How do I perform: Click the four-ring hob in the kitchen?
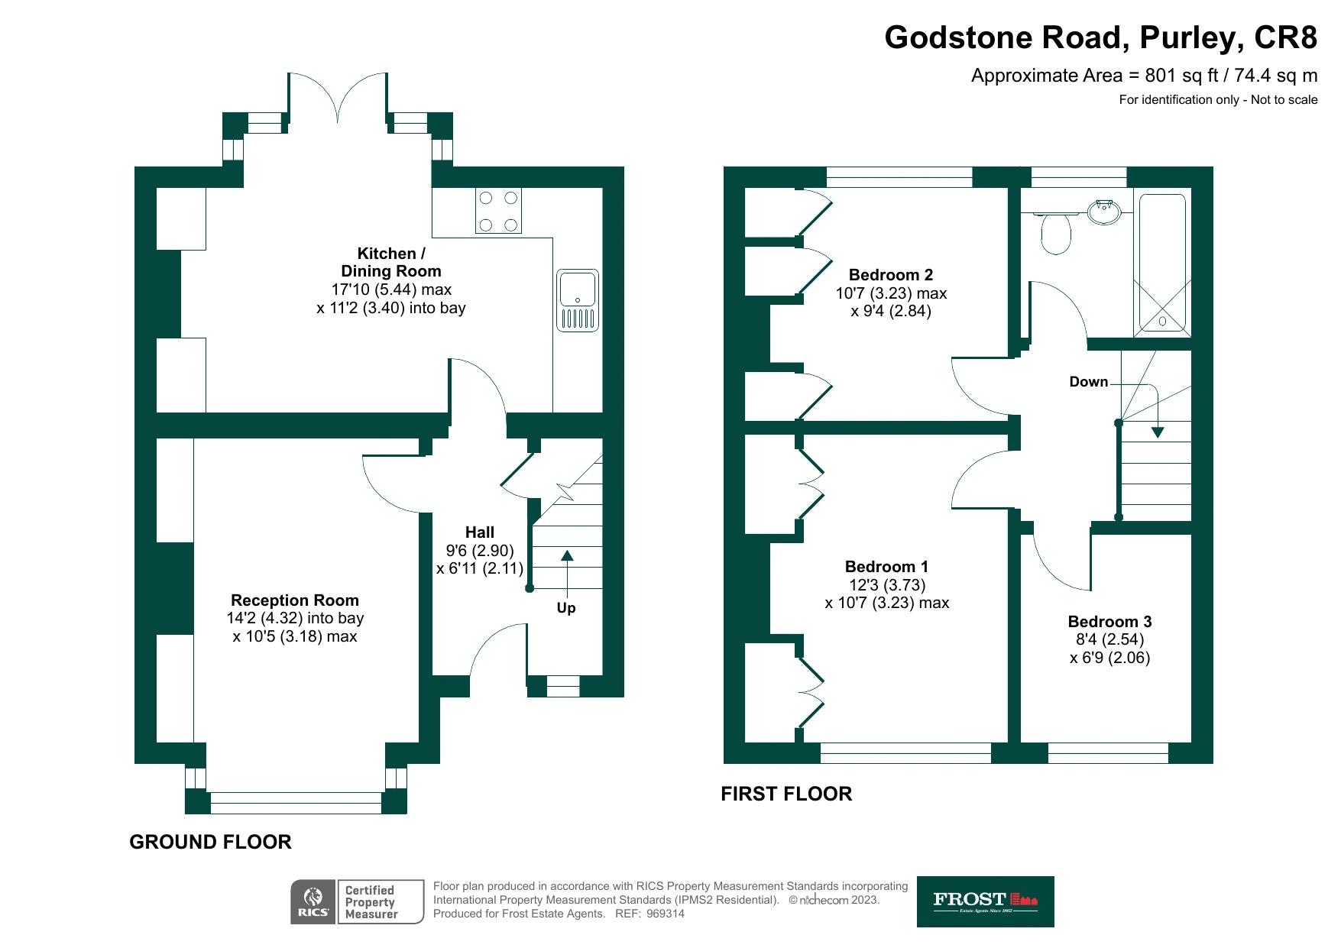tap(498, 212)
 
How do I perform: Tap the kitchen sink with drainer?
tap(577, 300)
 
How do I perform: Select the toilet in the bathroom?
tap(1057, 232)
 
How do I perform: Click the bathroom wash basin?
tap(1104, 212)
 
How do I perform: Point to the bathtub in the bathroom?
tap(1162, 264)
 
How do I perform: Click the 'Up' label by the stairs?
tap(566, 608)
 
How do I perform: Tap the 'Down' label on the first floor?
tap(1088, 382)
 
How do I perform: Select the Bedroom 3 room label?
tap(1109, 622)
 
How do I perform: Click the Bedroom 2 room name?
tap(891, 275)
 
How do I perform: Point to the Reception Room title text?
tap(295, 600)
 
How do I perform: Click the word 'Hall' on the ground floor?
tap(480, 532)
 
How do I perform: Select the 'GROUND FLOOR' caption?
tap(211, 842)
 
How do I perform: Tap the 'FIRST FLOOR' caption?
tap(786, 794)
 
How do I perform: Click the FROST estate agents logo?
tap(985, 901)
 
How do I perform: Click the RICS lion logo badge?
tap(313, 901)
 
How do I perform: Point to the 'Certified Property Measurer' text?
tap(371, 902)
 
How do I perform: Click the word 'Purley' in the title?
tap(1186, 37)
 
